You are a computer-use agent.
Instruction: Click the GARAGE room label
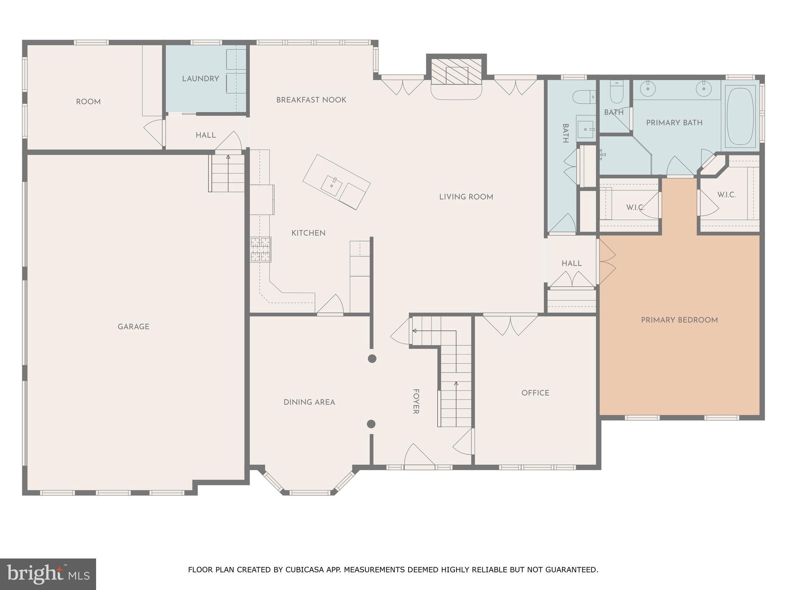(x=133, y=326)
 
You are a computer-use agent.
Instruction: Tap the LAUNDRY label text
(x=200, y=79)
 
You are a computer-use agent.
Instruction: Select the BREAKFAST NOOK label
(x=311, y=100)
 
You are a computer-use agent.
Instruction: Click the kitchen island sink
(x=331, y=186)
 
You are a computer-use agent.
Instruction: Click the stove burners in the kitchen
(x=261, y=250)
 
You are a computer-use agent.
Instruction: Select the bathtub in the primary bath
(x=740, y=115)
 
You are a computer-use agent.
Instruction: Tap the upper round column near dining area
(x=372, y=358)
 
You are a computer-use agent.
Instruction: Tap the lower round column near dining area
(x=371, y=424)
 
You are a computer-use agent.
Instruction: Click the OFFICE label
(x=535, y=393)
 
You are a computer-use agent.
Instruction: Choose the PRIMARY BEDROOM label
(x=679, y=320)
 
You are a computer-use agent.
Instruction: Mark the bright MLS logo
(x=48, y=574)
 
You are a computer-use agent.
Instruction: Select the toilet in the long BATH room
(x=584, y=97)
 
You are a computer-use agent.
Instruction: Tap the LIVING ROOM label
(x=466, y=197)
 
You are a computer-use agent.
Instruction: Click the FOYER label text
(x=416, y=401)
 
